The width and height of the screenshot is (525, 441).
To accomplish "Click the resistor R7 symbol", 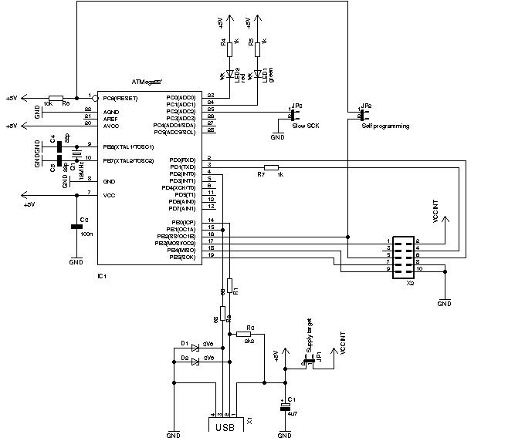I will pos(270,167).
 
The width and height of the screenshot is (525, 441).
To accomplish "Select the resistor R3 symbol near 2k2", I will pos(249,335).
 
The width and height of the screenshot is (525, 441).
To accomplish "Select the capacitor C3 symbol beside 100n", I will pos(76,227).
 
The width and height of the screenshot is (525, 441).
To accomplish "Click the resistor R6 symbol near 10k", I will pos(56,98).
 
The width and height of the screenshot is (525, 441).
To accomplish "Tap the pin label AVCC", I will pos(111,125).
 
